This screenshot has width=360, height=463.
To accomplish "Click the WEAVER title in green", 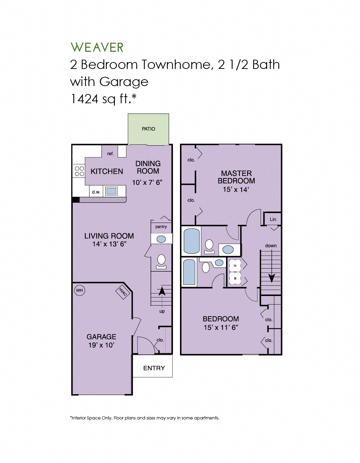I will pos(97,47).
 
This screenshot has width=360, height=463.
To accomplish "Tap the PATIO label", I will pos(148,129).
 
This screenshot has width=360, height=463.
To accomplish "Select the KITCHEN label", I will pos(107,171).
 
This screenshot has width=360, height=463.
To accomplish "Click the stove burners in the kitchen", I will pos(79,171).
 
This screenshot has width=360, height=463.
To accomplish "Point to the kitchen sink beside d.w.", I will pos(111,191).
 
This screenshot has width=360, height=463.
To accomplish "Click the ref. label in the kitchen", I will pos(110,154).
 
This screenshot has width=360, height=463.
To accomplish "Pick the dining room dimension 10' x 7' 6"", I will pos(147,182).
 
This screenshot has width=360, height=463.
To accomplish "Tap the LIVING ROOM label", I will pos(109,236).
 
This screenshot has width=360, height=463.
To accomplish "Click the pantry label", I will pos(161,227).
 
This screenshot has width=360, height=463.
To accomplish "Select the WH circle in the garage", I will pos(79,290).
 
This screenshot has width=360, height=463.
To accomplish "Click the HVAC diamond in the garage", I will pos(123,292).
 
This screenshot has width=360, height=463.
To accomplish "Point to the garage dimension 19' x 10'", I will pos(101,345).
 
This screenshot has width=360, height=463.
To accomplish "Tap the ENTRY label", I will pos(154,368).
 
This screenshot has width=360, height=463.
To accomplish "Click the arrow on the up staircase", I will pos(162,292).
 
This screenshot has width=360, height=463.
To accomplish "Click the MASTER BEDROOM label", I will pos(236,177).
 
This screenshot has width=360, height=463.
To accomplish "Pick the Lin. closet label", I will pos(273,219).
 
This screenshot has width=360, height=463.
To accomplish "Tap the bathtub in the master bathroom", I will pos(192,241).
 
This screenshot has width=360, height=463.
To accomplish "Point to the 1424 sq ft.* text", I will pos(103,99).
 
